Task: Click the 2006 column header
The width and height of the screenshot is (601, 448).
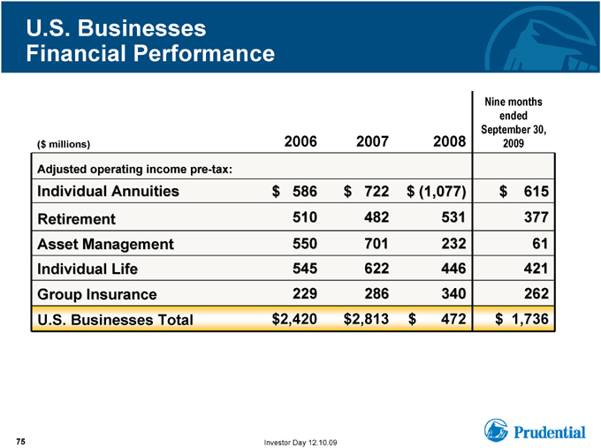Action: (x=300, y=141)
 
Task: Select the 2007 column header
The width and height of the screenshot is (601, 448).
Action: (x=372, y=141)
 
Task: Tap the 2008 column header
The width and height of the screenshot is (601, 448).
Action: (x=449, y=141)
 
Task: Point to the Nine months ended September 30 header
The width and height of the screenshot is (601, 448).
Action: (x=514, y=122)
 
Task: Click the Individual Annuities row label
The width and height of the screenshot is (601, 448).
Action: (x=108, y=191)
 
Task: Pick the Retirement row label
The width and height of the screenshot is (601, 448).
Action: (x=76, y=219)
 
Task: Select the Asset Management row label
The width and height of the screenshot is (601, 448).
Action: (x=105, y=244)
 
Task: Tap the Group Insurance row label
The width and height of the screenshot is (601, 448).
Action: (x=97, y=294)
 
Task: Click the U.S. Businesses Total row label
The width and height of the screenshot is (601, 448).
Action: (x=115, y=320)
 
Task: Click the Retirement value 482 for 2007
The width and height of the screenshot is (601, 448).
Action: (x=377, y=217)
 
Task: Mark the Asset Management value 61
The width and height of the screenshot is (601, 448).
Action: (x=540, y=243)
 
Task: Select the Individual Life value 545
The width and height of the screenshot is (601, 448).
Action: (x=305, y=269)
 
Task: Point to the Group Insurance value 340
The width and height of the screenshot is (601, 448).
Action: (x=453, y=293)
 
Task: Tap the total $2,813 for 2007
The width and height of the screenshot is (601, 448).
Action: (x=366, y=319)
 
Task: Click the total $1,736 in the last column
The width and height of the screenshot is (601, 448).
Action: (x=521, y=319)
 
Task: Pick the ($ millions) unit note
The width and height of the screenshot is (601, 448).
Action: (x=64, y=144)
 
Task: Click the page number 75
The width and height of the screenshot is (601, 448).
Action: (x=20, y=442)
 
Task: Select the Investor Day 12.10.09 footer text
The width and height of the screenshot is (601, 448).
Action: (x=300, y=443)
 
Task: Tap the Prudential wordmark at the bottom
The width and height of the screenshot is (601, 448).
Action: (x=550, y=432)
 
